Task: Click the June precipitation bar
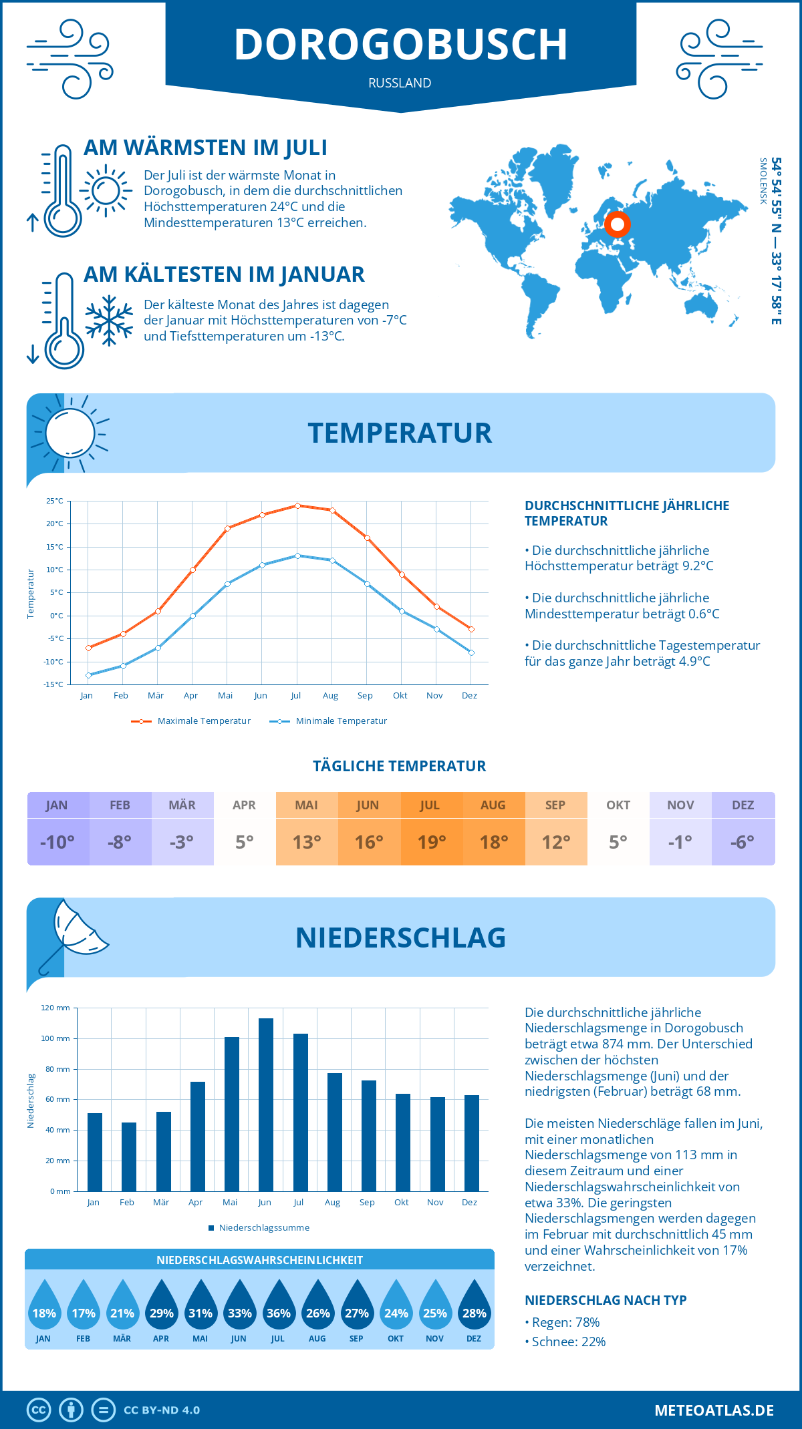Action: pyautogui.click(x=266, y=1104)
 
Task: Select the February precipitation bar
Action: pyautogui.click(x=129, y=1157)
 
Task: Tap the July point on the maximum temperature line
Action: pyautogui.click(x=297, y=505)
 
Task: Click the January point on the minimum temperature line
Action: pyautogui.click(x=88, y=675)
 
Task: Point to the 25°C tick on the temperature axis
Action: pyautogui.click(x=55, y=501)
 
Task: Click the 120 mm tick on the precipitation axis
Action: pyautogui.click(x=55, y=1008)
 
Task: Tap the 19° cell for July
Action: pyautogui.click(x=431, y=842)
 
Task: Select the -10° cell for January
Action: pyautogui.click(x=57, y=842)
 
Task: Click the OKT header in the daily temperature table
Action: pyautogui.click(x=618, y=805)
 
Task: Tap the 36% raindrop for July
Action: pyautogui.click(x=279, y=1307)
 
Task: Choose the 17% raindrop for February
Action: pyautogui.click(x=84, y=1307)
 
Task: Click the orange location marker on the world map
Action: pyautogui.click(x=617, y=224)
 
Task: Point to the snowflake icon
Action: pyautogui.click(x=109, y=321)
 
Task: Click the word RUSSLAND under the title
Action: pyautogui.click(x=400, y=83)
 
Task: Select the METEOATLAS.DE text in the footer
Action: pyautogui.click(x=714, y=1410)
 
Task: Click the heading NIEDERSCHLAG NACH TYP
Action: pyautogui.click(x=606, y=1300)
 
